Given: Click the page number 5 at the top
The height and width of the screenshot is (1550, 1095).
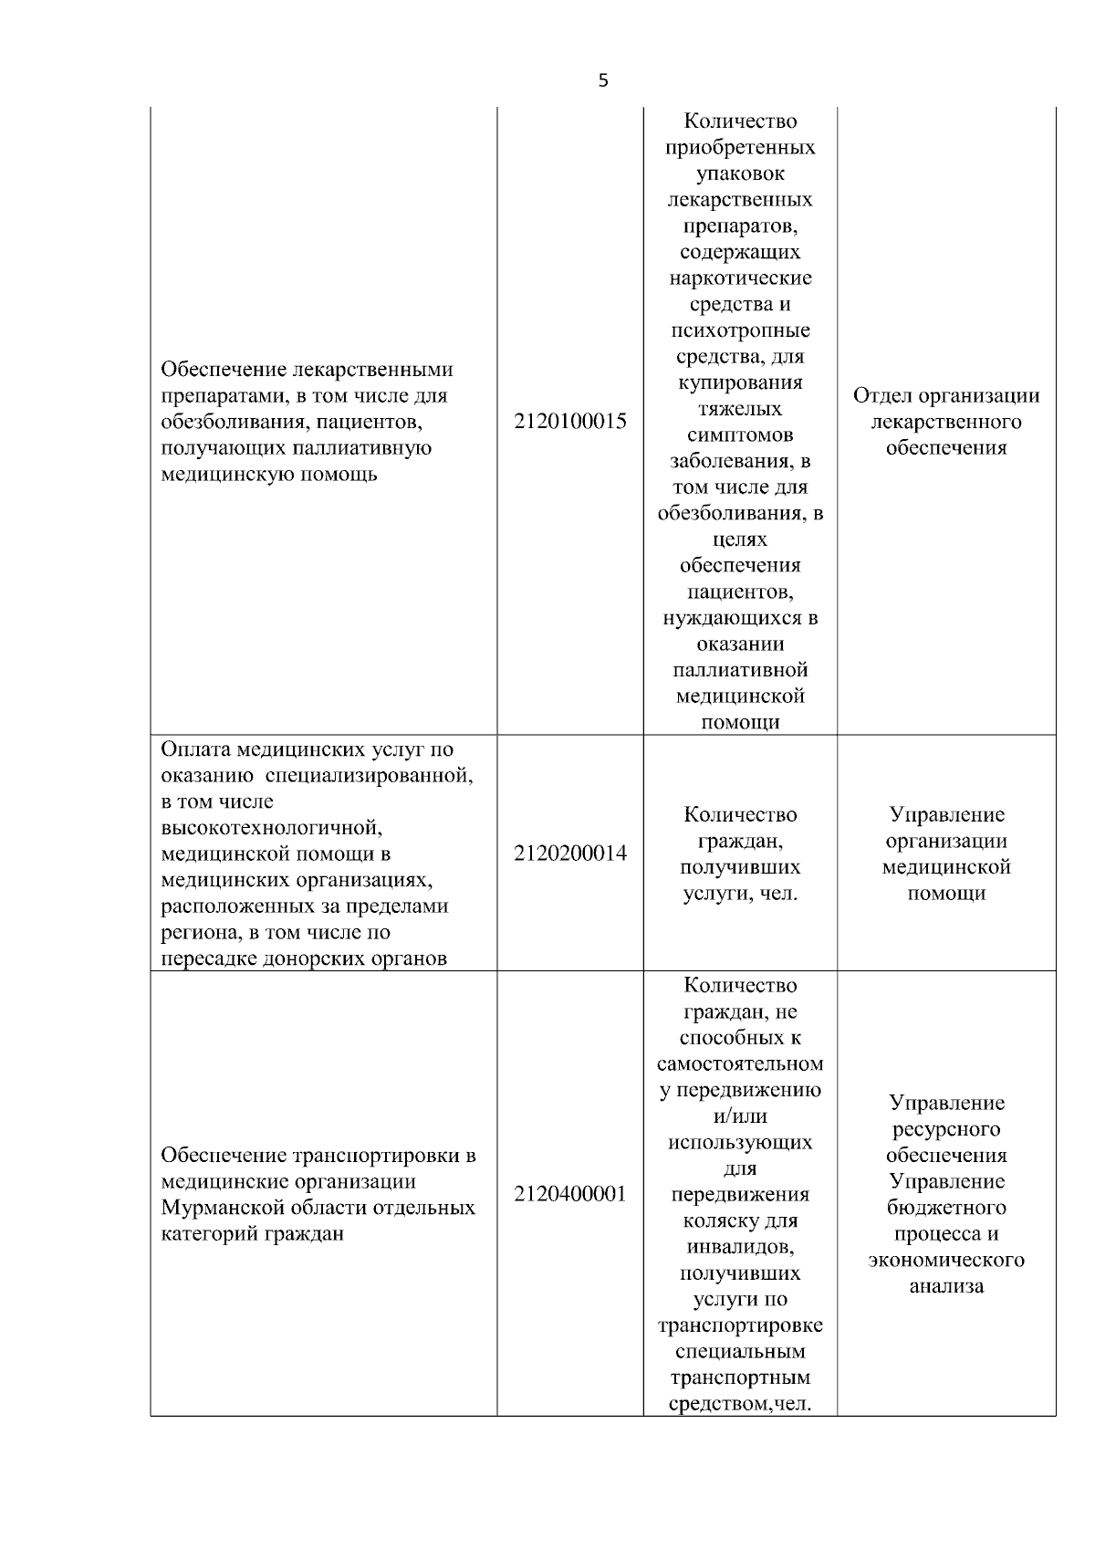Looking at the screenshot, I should pos(602,80).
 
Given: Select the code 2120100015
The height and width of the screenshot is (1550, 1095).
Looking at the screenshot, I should pos(570,422).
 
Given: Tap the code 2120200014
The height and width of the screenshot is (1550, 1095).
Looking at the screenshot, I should pos(570,854).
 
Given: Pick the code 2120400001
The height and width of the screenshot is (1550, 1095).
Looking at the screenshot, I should pos(570,1194).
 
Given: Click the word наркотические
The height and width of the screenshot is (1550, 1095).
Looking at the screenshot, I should pos(740,278).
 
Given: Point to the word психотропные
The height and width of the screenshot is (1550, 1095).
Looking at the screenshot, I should pos(740,330).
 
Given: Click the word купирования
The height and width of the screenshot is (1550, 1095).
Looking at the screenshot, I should pos(740,382).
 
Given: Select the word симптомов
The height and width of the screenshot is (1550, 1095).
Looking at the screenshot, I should pos(740,435).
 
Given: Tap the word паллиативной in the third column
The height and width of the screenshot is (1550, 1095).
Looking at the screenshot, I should pos(740,670).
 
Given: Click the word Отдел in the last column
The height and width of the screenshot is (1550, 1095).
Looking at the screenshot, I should pos(882,395).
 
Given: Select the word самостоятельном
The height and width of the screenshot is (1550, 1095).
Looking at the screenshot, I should pos(740,1063).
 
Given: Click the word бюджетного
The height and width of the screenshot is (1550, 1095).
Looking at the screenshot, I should pos(946,1208).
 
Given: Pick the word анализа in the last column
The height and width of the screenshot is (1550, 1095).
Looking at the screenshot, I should pos(946,1286).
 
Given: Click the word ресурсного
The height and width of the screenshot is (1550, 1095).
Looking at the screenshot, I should pos(946,1129).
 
